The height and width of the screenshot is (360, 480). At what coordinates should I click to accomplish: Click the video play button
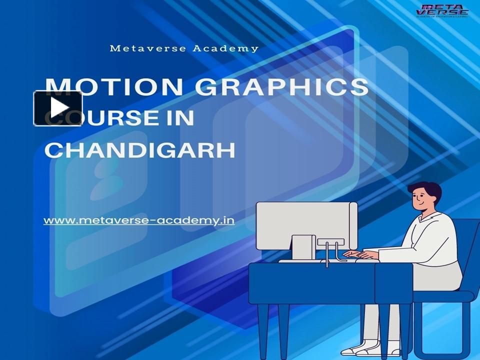click(x=58, y=108)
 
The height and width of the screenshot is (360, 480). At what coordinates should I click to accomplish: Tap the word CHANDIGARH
click(x=140, y=149)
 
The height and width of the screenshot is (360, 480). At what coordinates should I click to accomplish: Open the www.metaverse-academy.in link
click(x=139, y=220)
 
